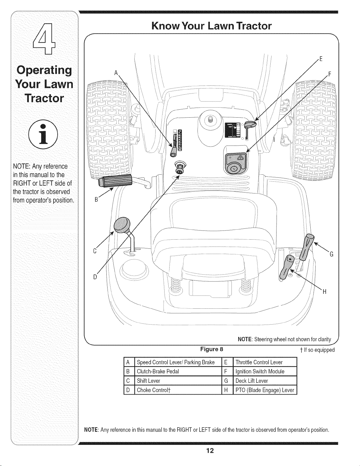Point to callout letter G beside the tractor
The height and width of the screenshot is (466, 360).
(x=331, y=254)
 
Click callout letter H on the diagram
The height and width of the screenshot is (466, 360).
(x=324, y=292)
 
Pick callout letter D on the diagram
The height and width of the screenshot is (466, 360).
(x=95, y=277)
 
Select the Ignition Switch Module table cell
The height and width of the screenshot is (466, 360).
(x=265, y=372)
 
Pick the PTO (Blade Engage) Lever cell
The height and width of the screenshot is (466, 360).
(x=265, y=390)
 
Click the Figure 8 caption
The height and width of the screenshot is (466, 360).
(x=212, y=349)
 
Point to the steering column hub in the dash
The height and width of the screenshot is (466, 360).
(x=210, y=119)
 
